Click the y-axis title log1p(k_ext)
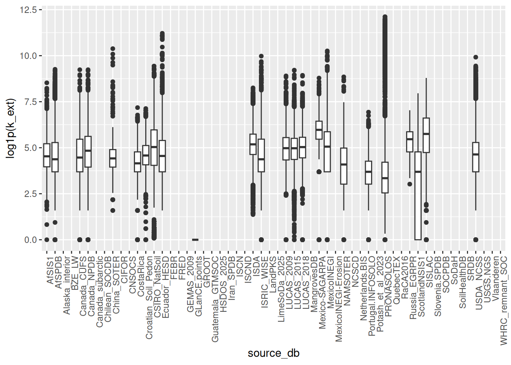[x=10, y=129]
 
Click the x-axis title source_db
[x=273, y=353]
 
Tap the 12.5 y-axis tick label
[x=29, y=10]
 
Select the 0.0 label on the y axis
[x=30, y=240]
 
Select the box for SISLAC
[x=426, y=135]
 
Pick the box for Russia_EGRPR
[x=409, y=142]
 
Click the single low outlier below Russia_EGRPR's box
[x=409, y=184]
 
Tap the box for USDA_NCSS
[x=476, y=157]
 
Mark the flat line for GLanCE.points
[x=195, y=240]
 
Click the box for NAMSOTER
[x=344, y=166]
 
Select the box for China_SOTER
[x=113, y=158]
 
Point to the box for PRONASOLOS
[x=385, y=178]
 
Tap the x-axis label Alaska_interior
[x=67, y=285]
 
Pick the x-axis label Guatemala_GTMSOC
[x=215, y=299]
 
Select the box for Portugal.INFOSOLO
[x=368, y=173]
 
